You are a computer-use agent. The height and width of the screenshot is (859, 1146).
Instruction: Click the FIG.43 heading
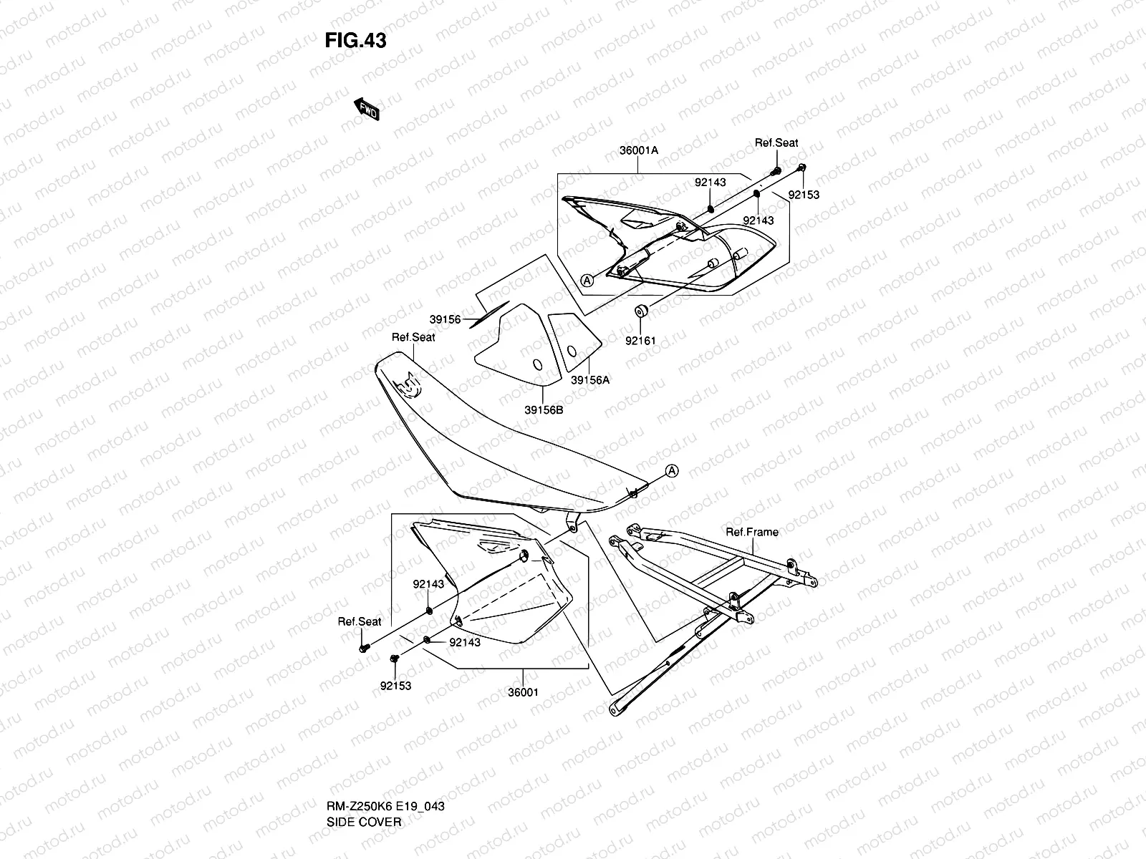click(355, 41)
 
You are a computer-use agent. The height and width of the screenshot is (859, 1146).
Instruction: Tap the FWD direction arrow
click(367, 109)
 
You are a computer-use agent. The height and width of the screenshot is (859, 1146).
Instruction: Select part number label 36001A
click(639, 151)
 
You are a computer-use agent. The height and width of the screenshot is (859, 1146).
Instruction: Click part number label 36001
click(523, 692)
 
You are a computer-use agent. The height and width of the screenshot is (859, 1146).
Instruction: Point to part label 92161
click(640, 341)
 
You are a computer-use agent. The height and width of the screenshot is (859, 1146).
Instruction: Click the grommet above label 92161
click(640, 311)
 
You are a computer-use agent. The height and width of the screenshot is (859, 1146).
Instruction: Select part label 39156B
click(544, 410)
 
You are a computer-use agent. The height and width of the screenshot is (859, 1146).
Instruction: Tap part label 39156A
click(590, 380)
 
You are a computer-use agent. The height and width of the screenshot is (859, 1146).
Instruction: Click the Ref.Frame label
click(752, 532)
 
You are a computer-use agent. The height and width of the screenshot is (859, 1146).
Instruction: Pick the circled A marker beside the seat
click(671, 470)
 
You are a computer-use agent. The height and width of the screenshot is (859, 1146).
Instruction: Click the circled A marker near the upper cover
click(587, 281)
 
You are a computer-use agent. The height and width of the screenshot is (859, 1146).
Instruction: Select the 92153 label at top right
click(804, 195)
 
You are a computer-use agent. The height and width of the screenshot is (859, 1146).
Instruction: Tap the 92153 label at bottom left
click(396, 686)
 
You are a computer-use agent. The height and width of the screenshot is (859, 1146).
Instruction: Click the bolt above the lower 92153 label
click(394, 658)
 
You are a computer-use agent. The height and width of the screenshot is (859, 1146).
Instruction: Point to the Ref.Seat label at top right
click(776, 143)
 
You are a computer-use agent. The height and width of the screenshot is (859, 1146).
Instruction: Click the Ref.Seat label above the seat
click(413, 337)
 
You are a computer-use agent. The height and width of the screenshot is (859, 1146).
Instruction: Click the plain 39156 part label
click(445, 320)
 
